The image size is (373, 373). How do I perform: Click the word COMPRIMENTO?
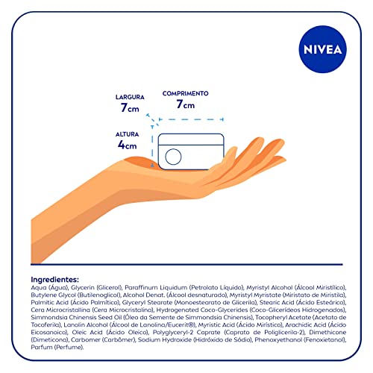186,93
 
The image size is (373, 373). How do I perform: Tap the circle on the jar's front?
172,156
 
